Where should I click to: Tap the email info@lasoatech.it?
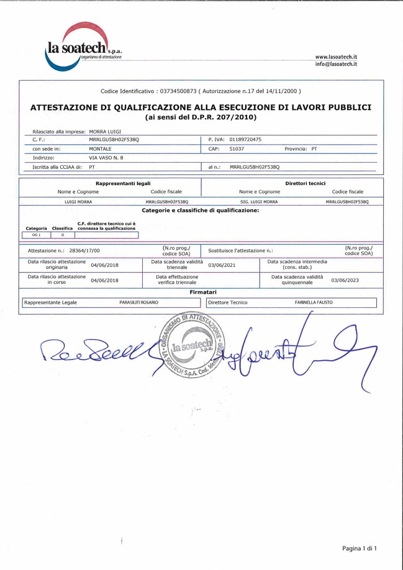pos(336,64)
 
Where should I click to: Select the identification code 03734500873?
pos(178,91)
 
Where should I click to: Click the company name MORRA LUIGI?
pos(105,132)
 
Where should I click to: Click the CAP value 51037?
pos(237,149)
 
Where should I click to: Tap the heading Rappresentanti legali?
pos(123,183)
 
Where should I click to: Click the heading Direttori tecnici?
pos(305,183)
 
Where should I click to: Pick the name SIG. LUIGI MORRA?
pos(259,202)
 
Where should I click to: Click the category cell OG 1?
pos(35,235)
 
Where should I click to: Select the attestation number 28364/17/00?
pos(84,250)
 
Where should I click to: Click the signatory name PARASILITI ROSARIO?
pos(138,302)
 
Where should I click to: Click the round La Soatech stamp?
pos(192,348)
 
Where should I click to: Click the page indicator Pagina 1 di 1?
pos(360,548)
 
